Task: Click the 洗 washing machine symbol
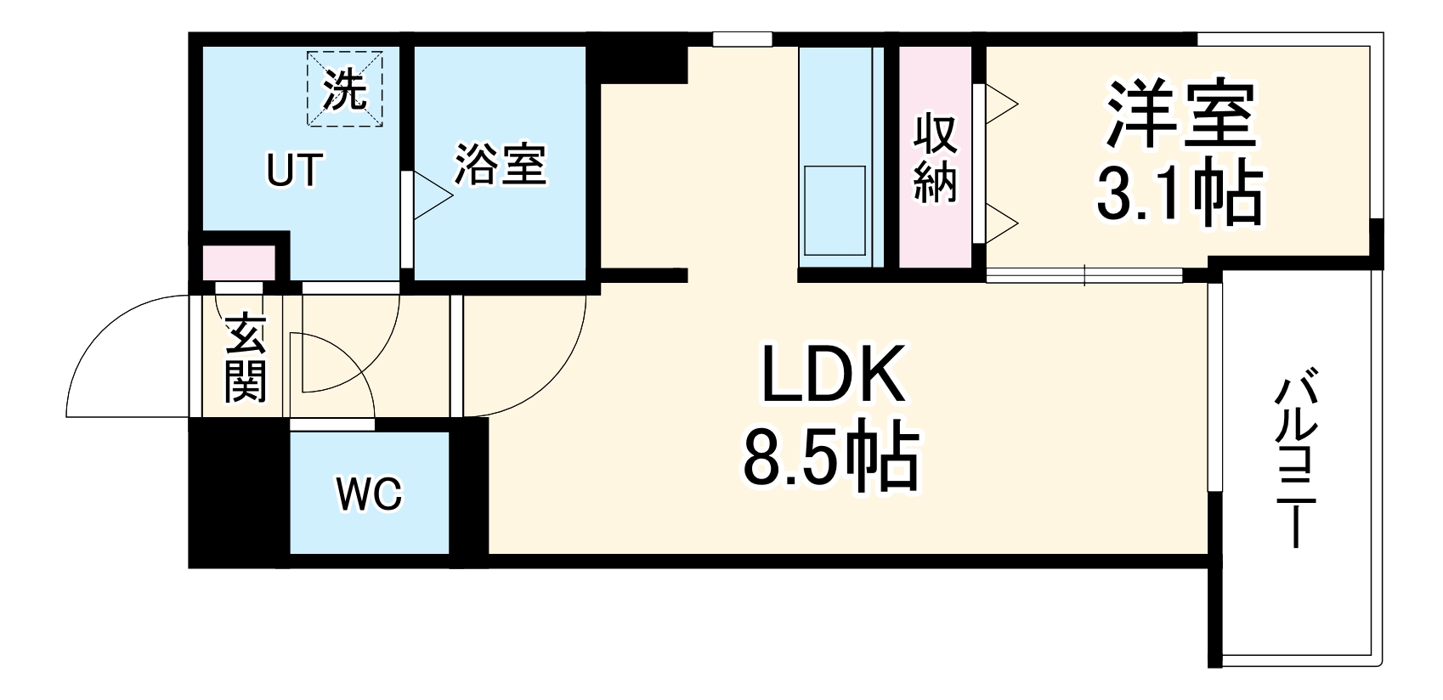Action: (x=345, y=88)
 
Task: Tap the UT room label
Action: (x=294, y=170)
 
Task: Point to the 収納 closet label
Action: (x=936, y=158)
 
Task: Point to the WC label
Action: (x=369, y=494)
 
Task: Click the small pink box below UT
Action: (x=239, y=262)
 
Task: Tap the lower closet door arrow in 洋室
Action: (x=1001, y=223)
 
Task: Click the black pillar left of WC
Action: (x=239, y=493)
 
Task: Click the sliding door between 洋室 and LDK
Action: (x=1084, y=275)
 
